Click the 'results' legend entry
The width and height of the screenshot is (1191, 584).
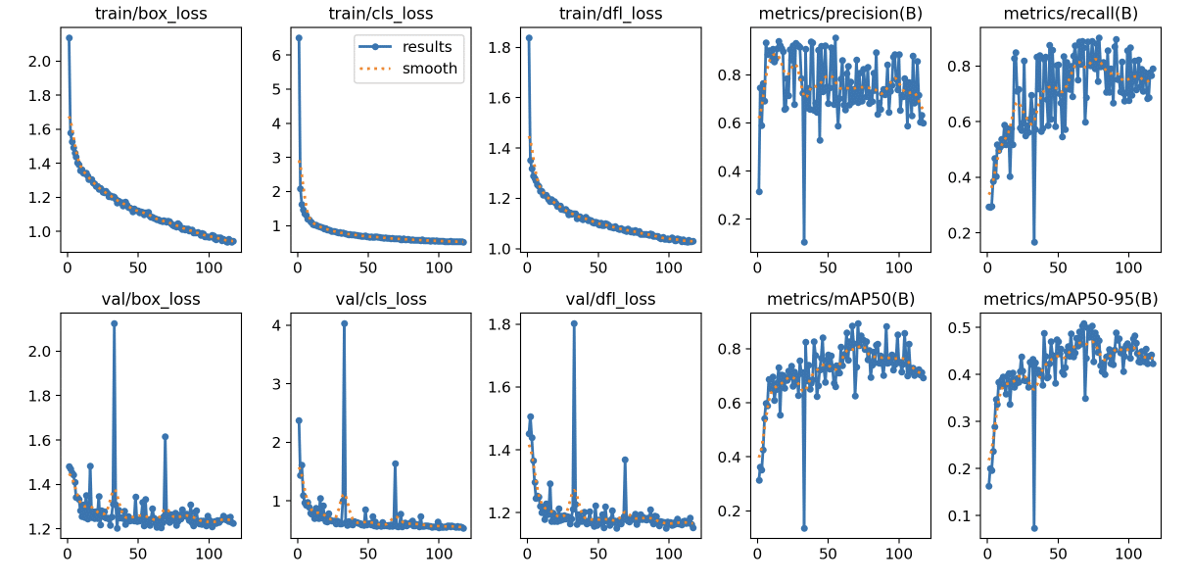[x=431, y=46]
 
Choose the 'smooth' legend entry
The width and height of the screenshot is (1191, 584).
[x=430, y=69]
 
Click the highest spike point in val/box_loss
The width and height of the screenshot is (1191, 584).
[x=114, y=323]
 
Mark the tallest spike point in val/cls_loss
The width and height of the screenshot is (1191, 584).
[x=344, y=323]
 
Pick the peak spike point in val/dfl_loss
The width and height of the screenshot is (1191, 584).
[x=574, y=323]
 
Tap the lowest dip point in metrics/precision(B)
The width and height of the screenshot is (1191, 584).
[x=804, y=242]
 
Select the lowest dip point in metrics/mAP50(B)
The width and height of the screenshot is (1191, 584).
[x=804, y=528]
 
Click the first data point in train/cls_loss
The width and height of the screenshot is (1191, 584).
[x=299, y=37]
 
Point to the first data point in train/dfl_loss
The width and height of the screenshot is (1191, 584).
[x=529, y=37]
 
